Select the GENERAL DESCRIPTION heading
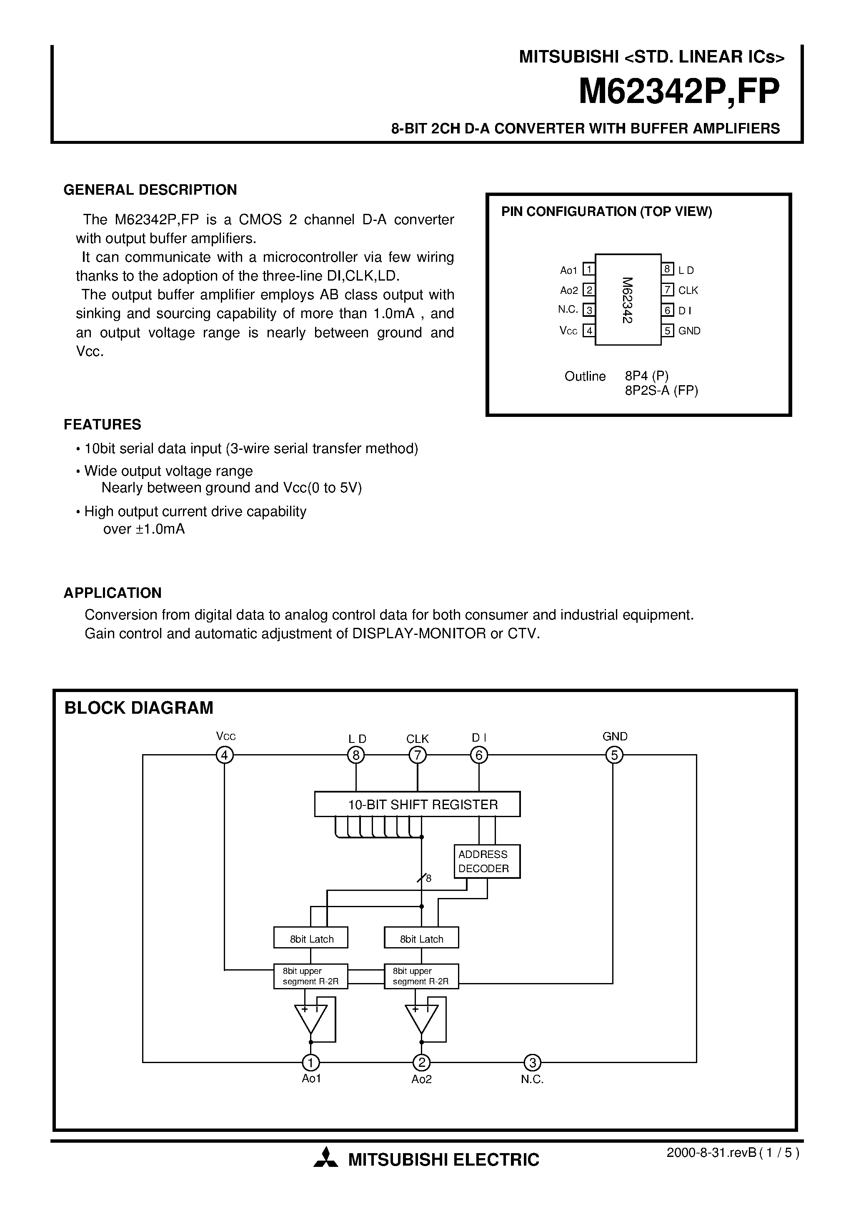click(x=150, y=190)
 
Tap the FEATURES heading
click(x=103, y=425)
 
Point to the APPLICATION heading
click(x=113, y=593)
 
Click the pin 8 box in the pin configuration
click(x=668, y=269)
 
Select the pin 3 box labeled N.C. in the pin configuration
click(x=589, y=310)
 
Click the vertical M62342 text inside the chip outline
click(x=628, y=300)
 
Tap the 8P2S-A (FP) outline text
click(x=661, y=391)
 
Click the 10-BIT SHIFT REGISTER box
click(x=417, y=804)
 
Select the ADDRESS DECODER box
click(x=487, y=861)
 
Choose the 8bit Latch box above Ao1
click(x=311, y=939)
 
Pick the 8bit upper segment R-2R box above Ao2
click(x=421, y=976)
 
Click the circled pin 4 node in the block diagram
click(x=225, y=755)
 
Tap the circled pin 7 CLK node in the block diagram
click(x=418, y=755)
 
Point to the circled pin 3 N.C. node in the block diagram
click(x=532, y=1062)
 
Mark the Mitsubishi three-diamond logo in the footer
click(x=325, y=1159)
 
